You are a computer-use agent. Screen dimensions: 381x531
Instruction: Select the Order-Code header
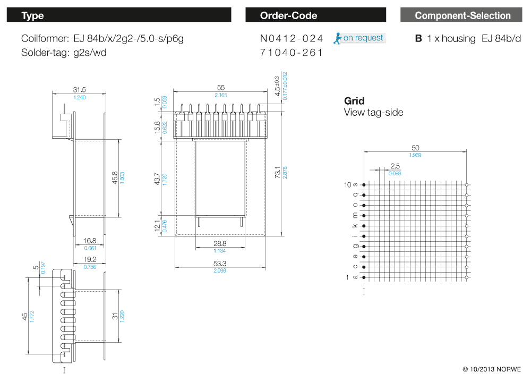(x=315, y=15)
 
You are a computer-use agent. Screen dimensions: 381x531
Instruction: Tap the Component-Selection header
(x=463, y=15)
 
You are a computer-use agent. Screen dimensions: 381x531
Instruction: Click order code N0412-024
(x=292, y=38)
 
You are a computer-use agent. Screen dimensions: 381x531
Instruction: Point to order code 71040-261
(x=292, y=53)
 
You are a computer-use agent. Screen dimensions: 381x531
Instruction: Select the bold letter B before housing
(x=418, y=38)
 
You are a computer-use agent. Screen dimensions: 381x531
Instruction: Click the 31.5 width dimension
(x=79, y=89)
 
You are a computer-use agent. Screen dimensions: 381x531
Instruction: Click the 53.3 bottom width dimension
(x=220, y=264)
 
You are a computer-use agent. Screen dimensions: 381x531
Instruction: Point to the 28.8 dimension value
(x=219, y=243)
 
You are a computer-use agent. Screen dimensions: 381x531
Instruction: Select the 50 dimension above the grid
(x=415, y=148)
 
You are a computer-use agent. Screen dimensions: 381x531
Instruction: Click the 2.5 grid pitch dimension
(x=395, y=166)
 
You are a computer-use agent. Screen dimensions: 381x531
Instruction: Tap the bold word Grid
(x=354, y=101)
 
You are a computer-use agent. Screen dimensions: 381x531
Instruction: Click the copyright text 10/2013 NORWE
(x=492, y=369)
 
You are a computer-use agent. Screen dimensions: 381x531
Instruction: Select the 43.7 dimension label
(x=157, y=178)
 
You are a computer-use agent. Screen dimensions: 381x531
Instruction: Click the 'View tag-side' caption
(x=373, y=113)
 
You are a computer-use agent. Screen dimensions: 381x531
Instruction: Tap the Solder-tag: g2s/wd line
(x=64, y=53)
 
